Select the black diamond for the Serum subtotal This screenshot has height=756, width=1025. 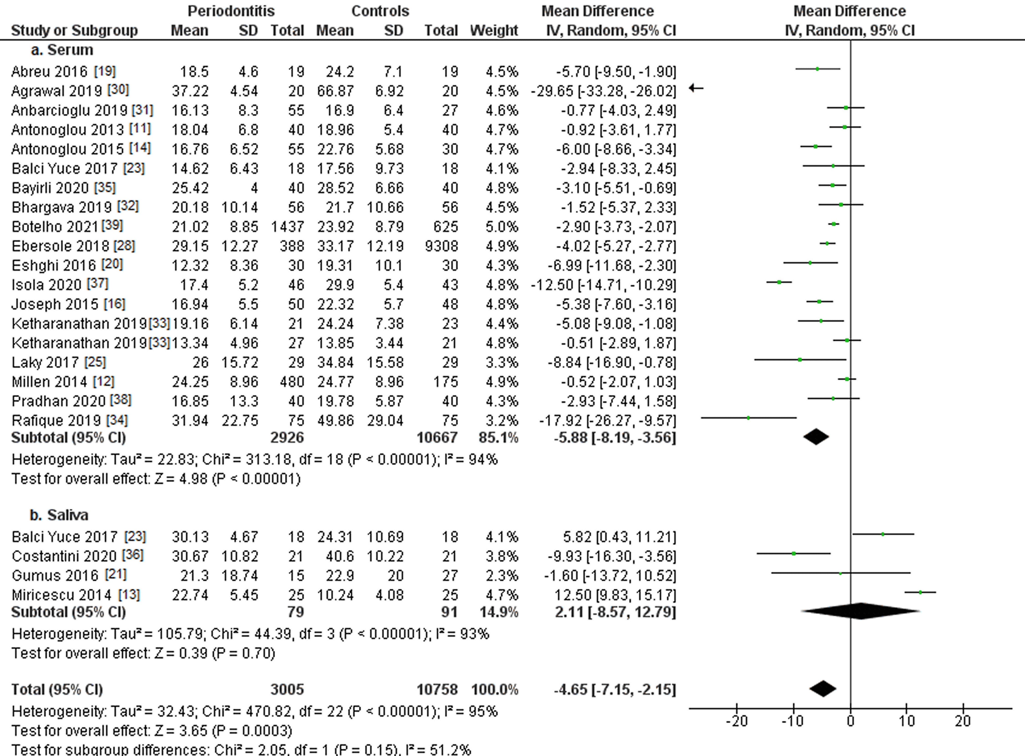click(816, 437)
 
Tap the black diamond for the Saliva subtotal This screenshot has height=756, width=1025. click(860, 611)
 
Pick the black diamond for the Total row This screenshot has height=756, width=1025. click(823, 689)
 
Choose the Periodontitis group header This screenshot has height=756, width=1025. click(231, 11)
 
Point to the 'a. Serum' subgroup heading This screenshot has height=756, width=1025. click(62, 50)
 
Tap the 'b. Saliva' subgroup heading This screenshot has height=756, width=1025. click(59, 515)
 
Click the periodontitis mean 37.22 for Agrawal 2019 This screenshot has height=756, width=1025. click(190, 91)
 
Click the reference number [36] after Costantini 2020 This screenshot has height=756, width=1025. click(133, 555)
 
